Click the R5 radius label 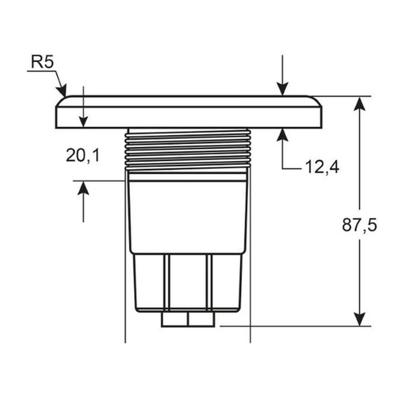click(x=43, y=62)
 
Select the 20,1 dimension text click(x=83, y=156)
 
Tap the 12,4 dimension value click(x=322, y=167)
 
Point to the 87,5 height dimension click(x=359, y=225)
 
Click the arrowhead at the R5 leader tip click(x=63, y=91)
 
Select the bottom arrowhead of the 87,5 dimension click(x=359, y=319)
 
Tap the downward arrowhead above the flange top click(x=282, y=89)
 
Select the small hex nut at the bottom click(x=188, y=319)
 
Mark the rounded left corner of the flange click(x=61, y=101)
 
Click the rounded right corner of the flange click(x=316, y=101)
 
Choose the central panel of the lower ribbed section click(x=188, y=281)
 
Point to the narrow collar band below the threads click(x=188, y=177)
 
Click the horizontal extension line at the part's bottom click(x=296, y=326)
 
